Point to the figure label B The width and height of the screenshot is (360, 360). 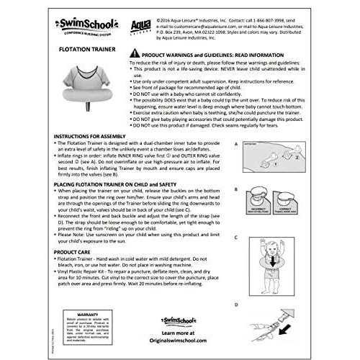[x=236, y=190]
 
